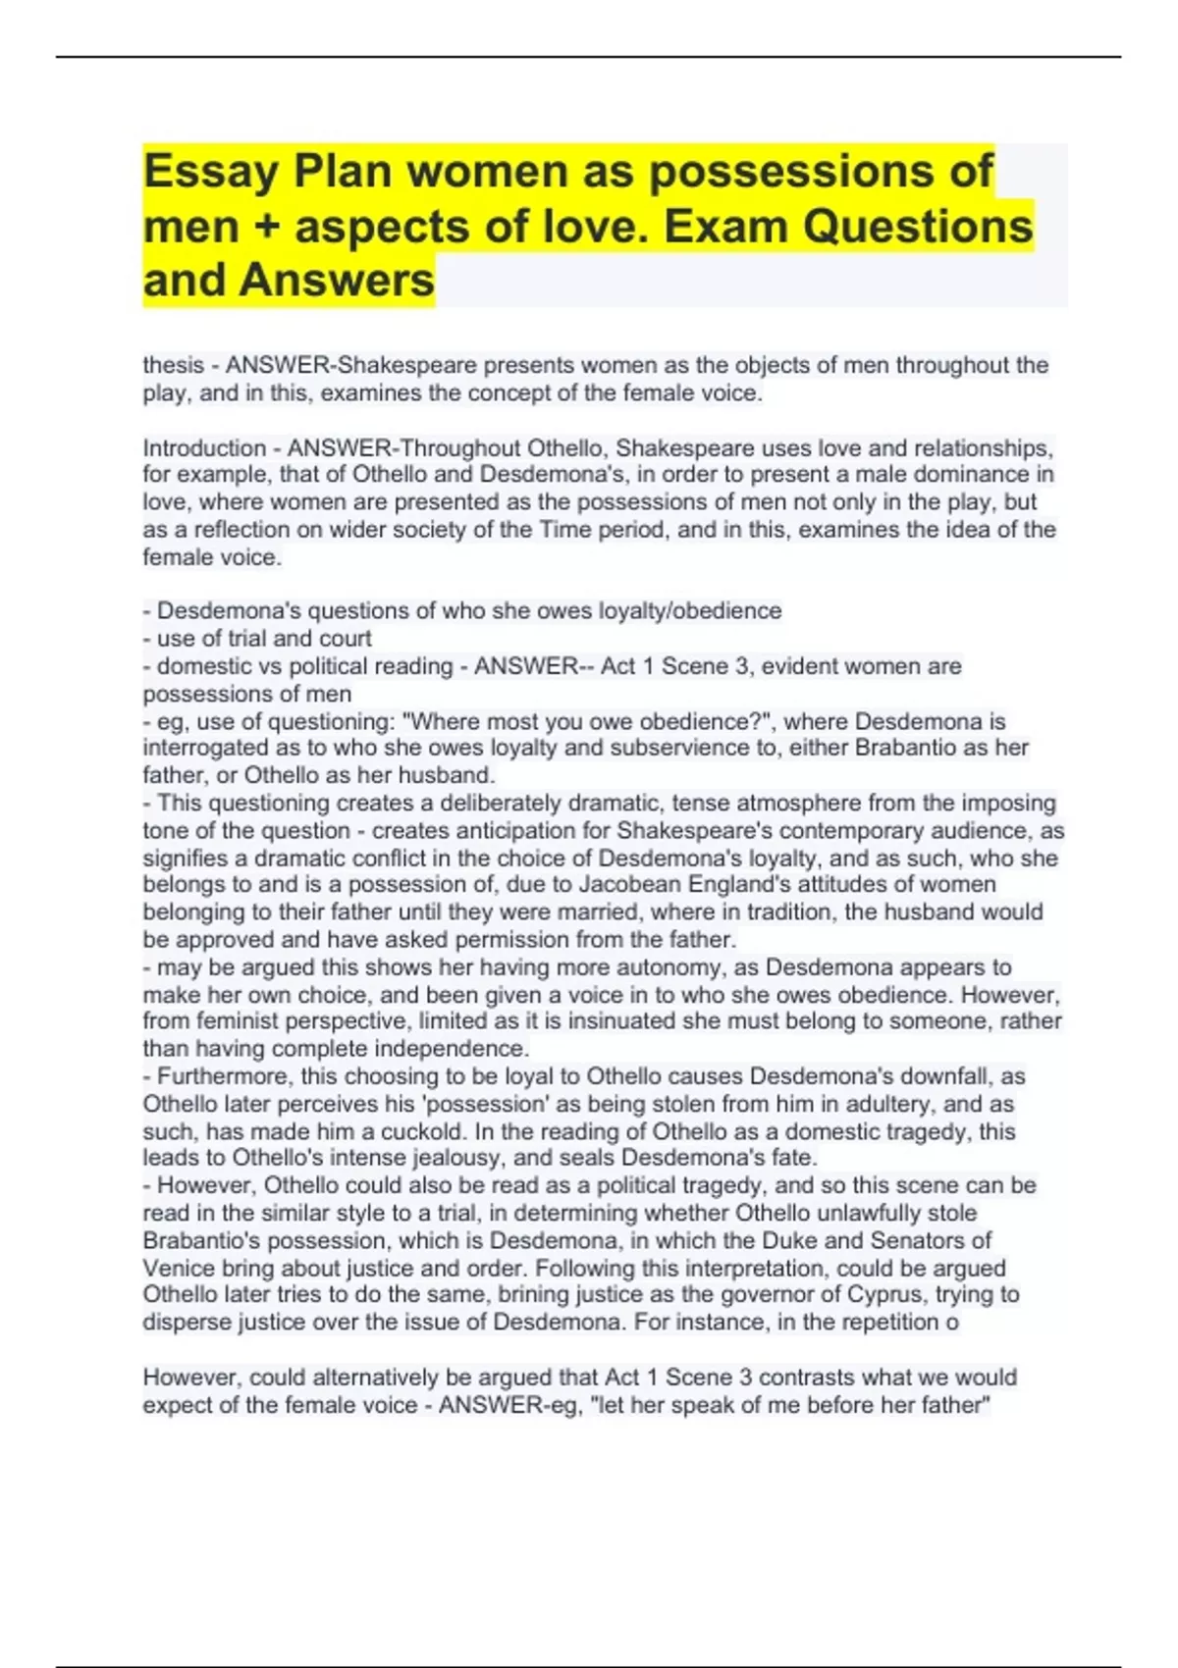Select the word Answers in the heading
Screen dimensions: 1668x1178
click(337, 281)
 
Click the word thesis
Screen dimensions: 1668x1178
click(174, 365)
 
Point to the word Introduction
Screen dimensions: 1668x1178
click(204, 448)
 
